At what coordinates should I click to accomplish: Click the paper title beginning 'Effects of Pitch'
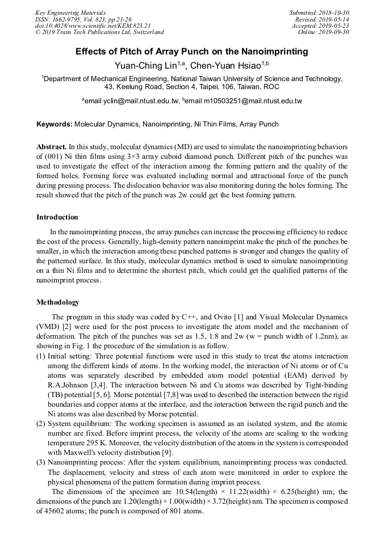192,52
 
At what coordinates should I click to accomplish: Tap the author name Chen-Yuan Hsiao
225,66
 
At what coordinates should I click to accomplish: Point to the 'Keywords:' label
55,124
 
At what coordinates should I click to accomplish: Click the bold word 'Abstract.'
52,146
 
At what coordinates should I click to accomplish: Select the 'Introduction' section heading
57,217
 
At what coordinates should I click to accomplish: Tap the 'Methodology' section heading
58,302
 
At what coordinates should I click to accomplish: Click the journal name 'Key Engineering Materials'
70,12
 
